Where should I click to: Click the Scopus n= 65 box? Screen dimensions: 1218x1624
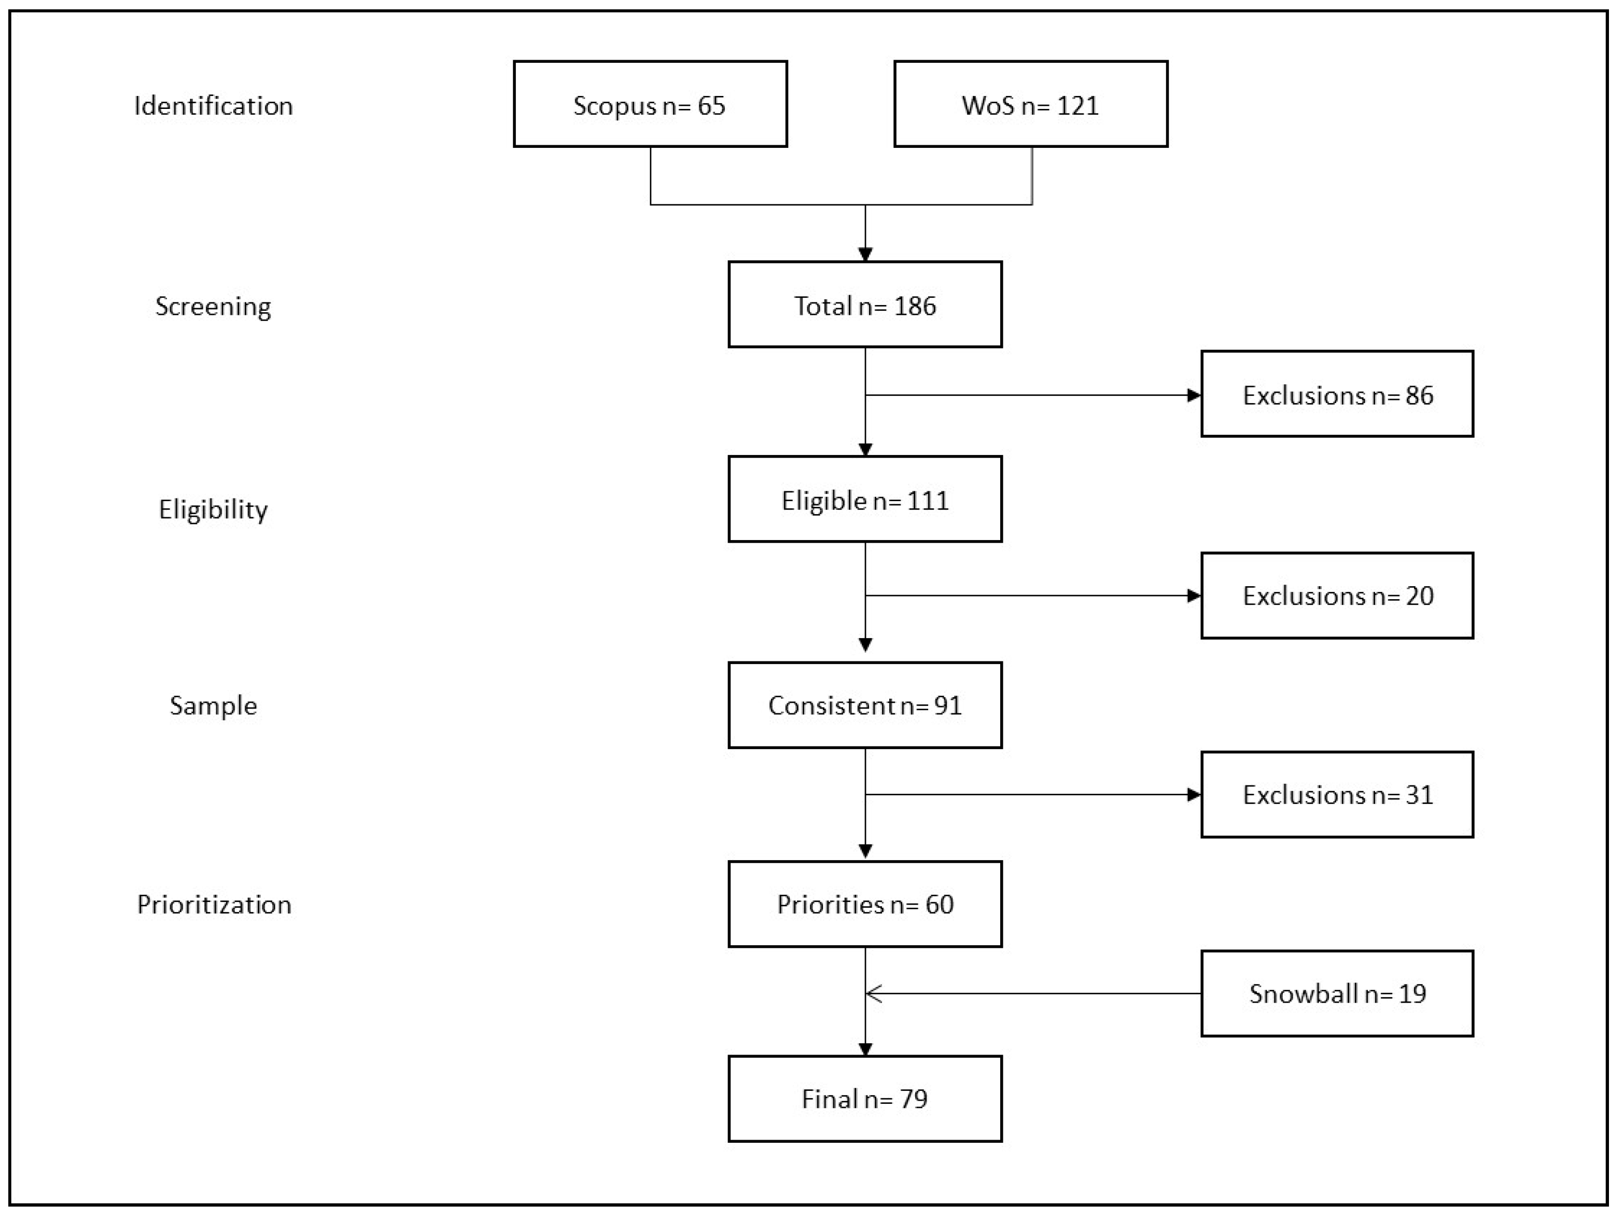pos(650,104)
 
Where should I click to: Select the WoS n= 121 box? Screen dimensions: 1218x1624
pos(1030,104)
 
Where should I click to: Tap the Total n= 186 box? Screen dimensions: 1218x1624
pos(865,305)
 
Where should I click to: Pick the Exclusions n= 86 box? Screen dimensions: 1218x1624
pos(1337,394)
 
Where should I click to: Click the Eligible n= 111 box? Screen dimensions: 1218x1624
pos(865,500)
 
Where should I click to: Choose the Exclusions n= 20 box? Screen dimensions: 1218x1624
pos(1337,595)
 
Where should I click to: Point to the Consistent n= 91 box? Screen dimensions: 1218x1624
pos(865,705)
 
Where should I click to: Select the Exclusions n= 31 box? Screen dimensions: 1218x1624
pos(1337,794)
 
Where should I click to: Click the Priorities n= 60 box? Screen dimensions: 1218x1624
pos(865,904)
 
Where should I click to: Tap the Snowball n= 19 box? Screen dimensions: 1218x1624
pos(1337,993)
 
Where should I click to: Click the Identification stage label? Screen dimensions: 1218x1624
pos(214,106)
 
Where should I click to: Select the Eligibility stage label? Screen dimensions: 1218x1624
pos(214,509)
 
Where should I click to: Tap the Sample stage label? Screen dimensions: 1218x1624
pos(214,705)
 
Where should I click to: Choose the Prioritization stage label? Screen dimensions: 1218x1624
pos(214,904)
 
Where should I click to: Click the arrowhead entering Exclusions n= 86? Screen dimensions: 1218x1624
pos(1194,395)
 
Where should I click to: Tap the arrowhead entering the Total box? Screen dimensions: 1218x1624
pos(865,254)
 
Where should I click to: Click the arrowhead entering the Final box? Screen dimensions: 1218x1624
pos(865,1049)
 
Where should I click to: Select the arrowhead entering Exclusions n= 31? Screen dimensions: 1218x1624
pos(1194,794)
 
